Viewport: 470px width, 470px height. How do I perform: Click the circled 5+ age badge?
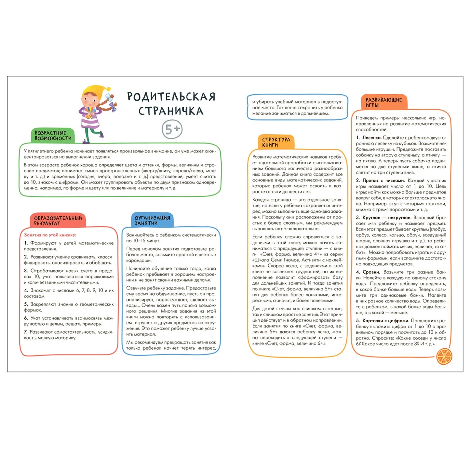(x=172, y=129)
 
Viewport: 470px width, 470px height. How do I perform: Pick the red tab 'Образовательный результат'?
(x=58, y=221)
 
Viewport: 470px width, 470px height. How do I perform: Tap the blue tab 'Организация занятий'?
(x=152, y=220)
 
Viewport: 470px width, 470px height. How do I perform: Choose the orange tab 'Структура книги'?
(x=276, y=142)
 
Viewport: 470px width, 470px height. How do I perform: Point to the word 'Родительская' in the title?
(x=171, y=97)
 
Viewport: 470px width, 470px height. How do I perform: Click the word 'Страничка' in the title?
(x=171, y=111)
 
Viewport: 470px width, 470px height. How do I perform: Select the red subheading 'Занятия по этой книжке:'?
(x=50, y=235)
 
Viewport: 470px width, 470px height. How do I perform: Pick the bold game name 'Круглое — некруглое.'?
(x=387, y=218)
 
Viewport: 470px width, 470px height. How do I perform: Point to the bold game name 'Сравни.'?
(x=371, y=272)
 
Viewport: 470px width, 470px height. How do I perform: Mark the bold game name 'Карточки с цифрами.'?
(x=385, y=321)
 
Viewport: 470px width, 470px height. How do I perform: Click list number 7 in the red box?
(x=25, y=332)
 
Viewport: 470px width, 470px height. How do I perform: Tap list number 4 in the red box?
(x=26, y=290)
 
